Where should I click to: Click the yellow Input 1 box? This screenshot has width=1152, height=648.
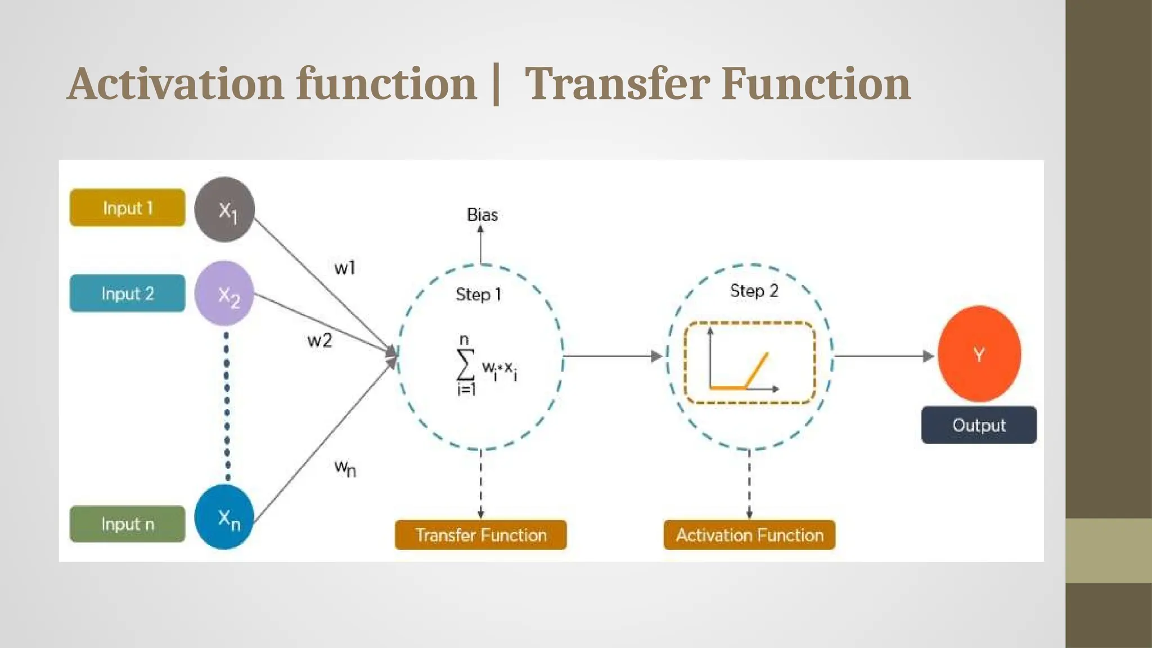click(x=128, y=208)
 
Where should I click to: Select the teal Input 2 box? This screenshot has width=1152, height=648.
click(x=128, y=293)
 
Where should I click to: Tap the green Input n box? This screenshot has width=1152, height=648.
click(x=128, y=524)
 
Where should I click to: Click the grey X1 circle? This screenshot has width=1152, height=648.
click(x=224, y=209)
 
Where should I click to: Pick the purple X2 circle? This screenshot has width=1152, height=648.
click(x=224, y=294)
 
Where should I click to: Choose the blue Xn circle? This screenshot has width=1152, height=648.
click(x=224, y=517)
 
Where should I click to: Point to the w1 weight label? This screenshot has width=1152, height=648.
click(x=345, y=268)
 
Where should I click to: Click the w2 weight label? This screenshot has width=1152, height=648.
click(x=319, y=340)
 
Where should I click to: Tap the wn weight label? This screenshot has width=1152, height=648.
click(x=345, y=467)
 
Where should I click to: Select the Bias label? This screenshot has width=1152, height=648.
click(x=482, y=215)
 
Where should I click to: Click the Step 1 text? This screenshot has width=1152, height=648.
click(x=478, y=294)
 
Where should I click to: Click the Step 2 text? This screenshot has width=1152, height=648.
click(x=754, y=291)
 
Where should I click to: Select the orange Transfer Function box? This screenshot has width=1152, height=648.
click(x=481, y=535)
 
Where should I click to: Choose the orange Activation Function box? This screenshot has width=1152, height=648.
click(x=749, y=535)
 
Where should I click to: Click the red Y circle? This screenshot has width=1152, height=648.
click(x=979, y=354)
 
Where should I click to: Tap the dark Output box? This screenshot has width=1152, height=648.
click(x=979, y=425)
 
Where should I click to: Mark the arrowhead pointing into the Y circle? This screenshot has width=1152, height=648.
click(x=929, y=356)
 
